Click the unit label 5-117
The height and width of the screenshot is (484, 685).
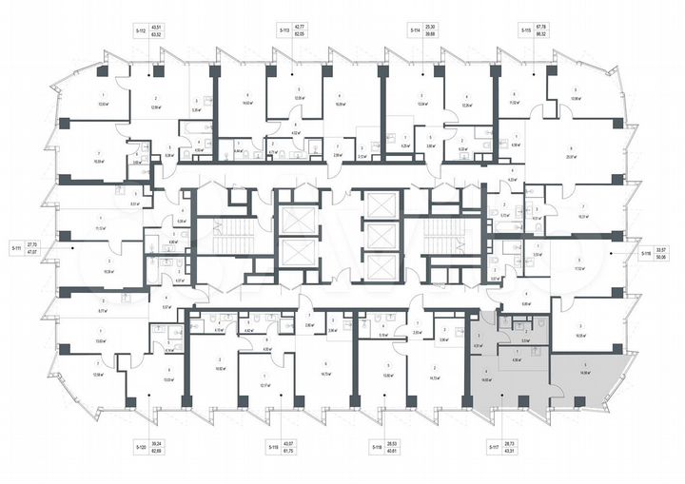tap(494, 446)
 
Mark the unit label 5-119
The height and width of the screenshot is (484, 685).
tap(272, 446)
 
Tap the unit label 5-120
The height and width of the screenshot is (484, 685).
tap(140, 446)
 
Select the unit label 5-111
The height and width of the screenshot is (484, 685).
tap(16, 246)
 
